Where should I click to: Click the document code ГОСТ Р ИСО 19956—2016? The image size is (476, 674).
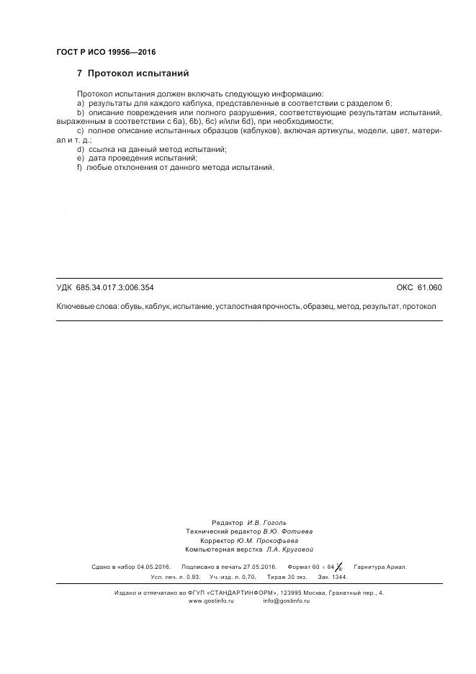(x=106, y=52)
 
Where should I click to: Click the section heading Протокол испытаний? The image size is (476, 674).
(x=138, y=73)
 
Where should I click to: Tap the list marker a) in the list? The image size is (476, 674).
(x=80, y=103)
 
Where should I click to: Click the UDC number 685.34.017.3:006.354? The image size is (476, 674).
(x=114, y=287)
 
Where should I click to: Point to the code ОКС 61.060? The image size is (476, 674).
(x=419, y=287)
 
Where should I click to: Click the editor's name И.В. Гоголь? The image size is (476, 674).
(x=266, y=522)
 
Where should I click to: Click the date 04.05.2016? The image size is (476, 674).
(x=154, y=567)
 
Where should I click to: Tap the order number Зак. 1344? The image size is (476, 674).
(x=333, y=577)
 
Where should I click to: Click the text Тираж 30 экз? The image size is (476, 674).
(x=287, y=577)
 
